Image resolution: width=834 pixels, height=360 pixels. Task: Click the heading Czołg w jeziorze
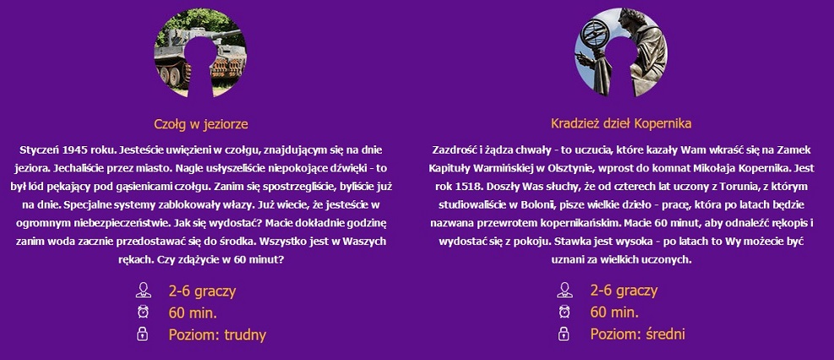point(201,124)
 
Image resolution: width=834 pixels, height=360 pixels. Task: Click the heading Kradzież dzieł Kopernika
point(621,124)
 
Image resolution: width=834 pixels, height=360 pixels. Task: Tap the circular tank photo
point(200,52)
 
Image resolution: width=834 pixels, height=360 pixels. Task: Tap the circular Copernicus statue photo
point(621,52)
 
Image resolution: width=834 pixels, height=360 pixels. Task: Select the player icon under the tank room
point(143,290)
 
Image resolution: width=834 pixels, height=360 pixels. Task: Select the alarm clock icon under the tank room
point(143,312)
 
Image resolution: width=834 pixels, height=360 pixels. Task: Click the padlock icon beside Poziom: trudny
point(143,334)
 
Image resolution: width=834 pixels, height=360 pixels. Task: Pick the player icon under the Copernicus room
point(564,290)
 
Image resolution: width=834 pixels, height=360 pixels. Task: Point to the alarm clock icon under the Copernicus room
point(564,312)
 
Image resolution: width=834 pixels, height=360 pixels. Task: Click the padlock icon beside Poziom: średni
point(564,334)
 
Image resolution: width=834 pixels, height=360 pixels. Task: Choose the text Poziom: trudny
point(217,335)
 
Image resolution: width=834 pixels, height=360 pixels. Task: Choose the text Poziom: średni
point(638,335)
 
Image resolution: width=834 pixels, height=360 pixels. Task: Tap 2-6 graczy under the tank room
point(202,292)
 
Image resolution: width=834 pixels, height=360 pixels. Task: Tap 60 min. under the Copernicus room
point(614,312)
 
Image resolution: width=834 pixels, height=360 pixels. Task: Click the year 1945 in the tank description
point(65,150)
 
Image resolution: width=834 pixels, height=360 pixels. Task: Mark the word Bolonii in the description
point(524,205)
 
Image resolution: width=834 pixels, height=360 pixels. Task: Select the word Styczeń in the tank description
point(34,150)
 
